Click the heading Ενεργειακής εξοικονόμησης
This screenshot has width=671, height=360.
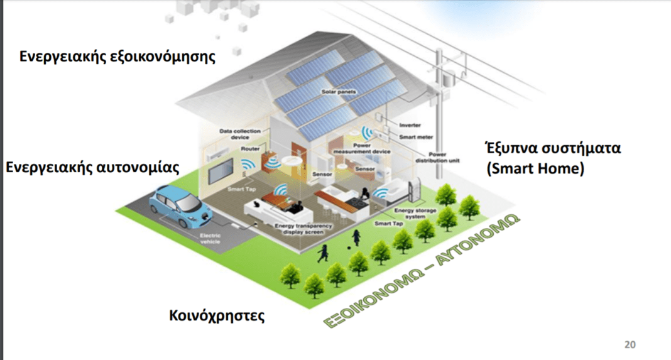[x=117, y=57]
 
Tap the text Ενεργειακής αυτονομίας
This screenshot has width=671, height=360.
[x=93, y=168]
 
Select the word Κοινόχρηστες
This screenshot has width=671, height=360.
[x=217, y=314]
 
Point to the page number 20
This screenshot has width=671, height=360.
[x=630, y=344]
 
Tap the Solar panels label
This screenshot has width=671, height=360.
[x=338, y=92]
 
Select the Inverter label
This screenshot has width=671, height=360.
[x=410, y=124]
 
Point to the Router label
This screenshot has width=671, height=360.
[x=250, y=150]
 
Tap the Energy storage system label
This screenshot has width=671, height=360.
[x=415, y=212]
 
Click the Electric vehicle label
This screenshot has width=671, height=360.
[x=210, y=240]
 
